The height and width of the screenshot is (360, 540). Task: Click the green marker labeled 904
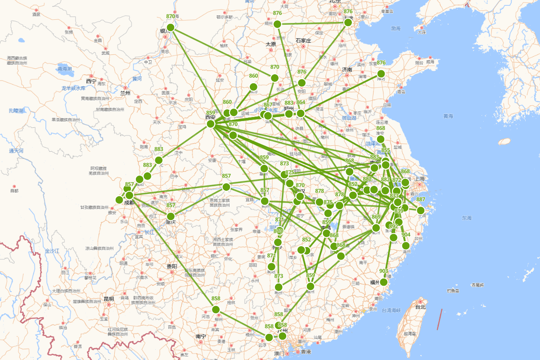pos(406,245)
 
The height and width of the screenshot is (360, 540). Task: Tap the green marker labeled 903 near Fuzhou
pos(383,282)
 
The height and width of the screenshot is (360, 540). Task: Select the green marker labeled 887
pos(421,210)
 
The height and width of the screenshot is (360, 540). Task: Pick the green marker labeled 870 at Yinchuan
pos(170,27)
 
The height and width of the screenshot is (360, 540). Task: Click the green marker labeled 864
pos(301,113)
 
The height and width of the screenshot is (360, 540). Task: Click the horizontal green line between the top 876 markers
pos(313,23)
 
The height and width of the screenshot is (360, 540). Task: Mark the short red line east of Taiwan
pos(440,319)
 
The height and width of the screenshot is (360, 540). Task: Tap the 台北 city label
pos(420,307)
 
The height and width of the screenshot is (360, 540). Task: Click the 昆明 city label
pos(108,299)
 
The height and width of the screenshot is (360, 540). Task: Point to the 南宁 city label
pos(201,336)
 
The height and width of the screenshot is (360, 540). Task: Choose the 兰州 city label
pos(125,93)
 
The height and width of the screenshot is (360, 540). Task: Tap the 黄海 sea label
pos(448,116)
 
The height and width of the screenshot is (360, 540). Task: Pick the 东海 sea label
pos(467,218)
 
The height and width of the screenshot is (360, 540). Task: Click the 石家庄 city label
pos(303,40)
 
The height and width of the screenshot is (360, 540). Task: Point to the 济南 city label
pos(347,70)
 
